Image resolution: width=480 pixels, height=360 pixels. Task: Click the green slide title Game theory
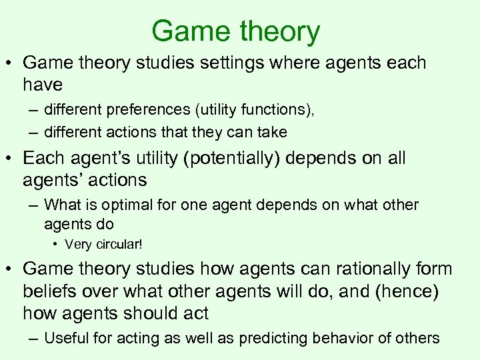235,31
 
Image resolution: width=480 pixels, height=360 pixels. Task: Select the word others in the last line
418,339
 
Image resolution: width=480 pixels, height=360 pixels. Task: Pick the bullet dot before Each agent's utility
13,159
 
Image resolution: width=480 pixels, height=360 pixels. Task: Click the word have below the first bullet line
43,85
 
